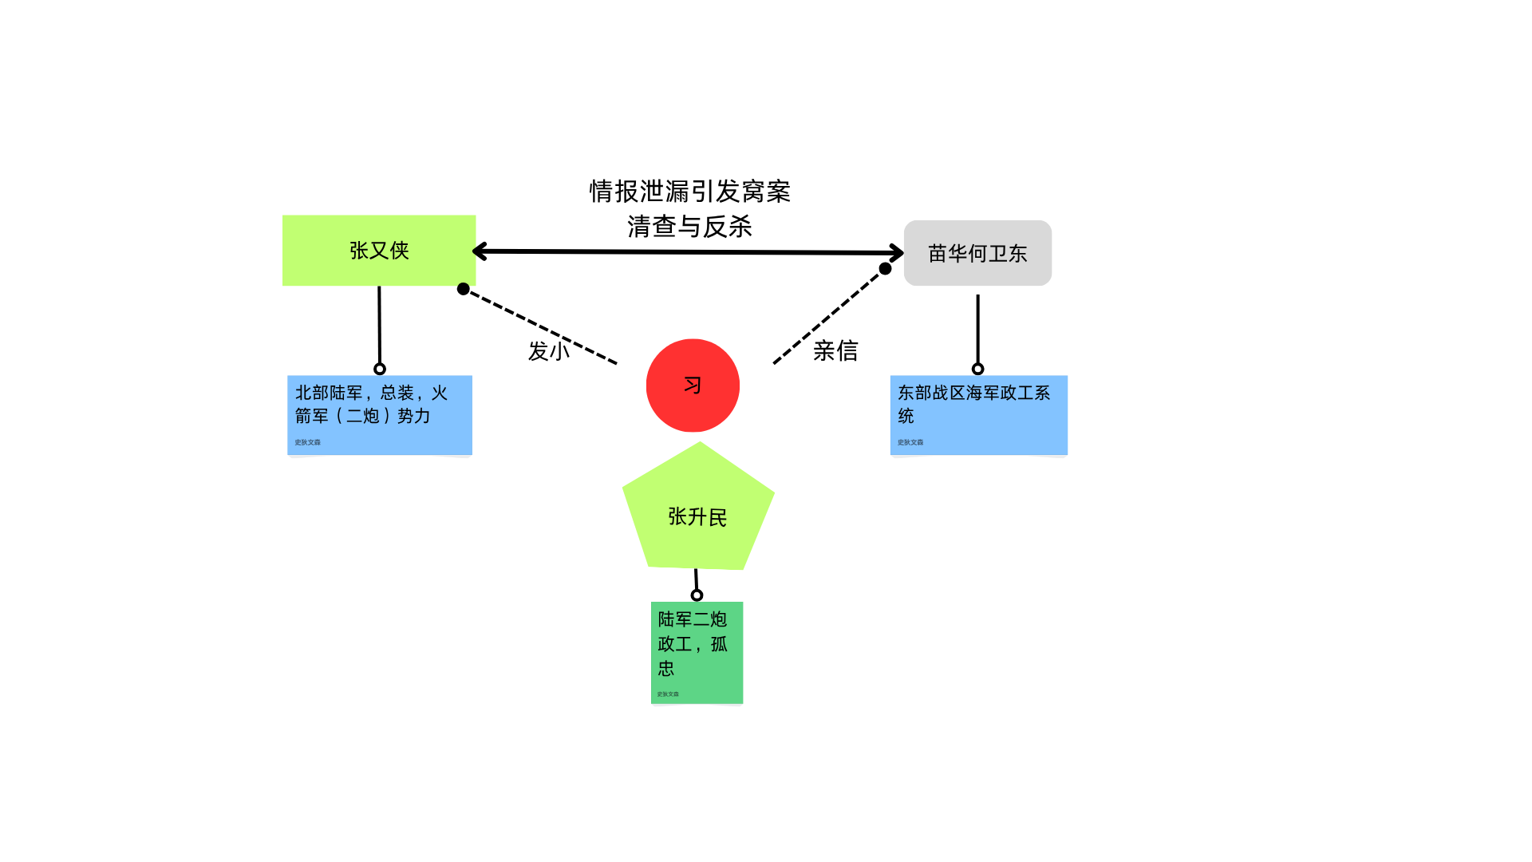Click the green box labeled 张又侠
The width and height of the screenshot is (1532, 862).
coord(379,250)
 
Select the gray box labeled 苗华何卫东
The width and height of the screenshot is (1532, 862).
coord(977,253)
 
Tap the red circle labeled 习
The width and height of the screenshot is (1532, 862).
coord(693,386)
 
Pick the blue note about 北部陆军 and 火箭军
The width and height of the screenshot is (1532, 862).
coord(379,414)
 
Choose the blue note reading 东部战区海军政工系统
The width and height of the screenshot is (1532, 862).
coord(978,414)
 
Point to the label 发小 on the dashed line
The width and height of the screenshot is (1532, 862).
coord(549,351)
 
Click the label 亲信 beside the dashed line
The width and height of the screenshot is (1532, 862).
coord(835,350)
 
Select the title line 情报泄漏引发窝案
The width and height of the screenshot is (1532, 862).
coord(689,192)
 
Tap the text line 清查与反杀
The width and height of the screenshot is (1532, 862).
coord(689,227)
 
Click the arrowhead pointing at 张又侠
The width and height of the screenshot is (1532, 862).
coord(479,251)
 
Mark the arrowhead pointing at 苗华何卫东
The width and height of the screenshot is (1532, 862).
coord(898,253)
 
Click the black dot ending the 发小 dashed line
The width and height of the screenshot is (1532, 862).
coord(464,289)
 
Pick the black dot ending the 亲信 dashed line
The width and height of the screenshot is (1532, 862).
coord(885,269)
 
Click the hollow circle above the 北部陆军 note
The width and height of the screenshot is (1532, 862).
coord(380,369)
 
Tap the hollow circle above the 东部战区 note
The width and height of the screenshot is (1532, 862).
coord(977,369)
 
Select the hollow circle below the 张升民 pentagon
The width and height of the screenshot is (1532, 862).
coord(697,595)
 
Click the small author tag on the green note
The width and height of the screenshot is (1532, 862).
coord(668,694)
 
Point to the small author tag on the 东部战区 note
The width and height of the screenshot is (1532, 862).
coord(910,442)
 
